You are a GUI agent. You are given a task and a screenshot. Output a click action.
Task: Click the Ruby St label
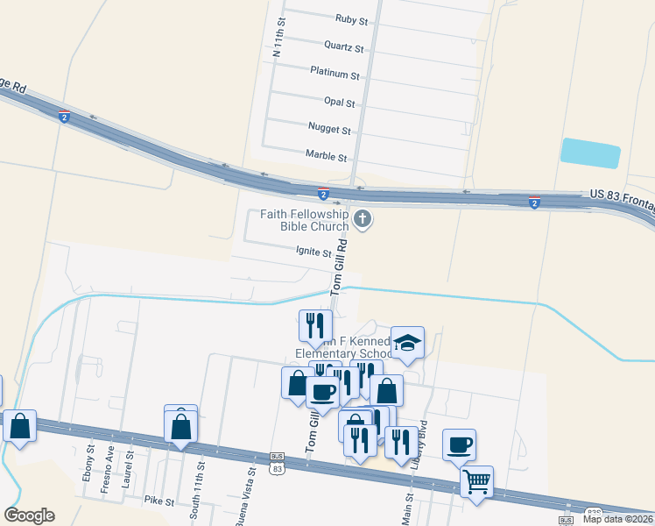(x=351, y=18)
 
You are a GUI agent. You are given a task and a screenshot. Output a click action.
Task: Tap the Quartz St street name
(x=343, y=46)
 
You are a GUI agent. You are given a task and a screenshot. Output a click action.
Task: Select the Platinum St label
(x=335, y=75)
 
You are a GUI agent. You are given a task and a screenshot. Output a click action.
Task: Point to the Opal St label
(x=339, y=103)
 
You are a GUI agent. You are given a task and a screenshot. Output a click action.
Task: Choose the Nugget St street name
(x=329, y=129)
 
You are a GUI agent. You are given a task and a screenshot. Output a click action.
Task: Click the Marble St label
(x=327, y=156)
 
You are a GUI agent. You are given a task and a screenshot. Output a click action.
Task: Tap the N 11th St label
(x=279, y=37)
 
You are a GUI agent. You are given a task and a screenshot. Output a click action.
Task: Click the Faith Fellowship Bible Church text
(x=305, y=220)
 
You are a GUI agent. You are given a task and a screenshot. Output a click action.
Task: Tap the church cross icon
(x=363, y=219)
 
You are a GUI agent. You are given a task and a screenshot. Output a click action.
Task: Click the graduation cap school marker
(x=407, y=343)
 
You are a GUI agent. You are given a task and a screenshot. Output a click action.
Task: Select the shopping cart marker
(x=476, y=480)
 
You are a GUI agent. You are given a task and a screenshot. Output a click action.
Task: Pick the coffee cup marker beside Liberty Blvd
(x=459, y=444)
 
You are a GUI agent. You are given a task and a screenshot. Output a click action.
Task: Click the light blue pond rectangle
(x=590, y=153)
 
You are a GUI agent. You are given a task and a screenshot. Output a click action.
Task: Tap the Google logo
(x=29, y=515)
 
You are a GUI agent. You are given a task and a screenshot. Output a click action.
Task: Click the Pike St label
(x=159, y=501)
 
